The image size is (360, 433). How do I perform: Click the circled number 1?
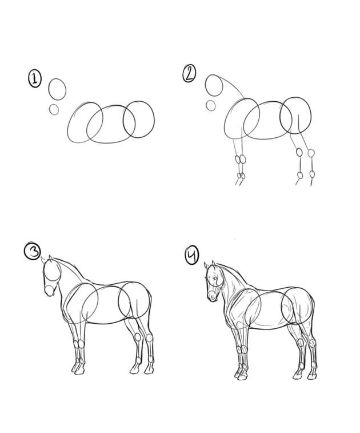point(35,79)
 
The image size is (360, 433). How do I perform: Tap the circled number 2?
point(189,73)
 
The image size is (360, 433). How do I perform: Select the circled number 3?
point(33,251)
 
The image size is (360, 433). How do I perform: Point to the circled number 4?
point(191,255)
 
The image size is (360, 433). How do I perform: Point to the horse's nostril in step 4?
point(213,298)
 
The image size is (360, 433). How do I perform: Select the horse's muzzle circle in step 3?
point(49,290)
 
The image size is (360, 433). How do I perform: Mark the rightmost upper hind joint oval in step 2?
point(311,153)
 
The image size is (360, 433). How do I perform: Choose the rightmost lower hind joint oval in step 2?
point(312,174)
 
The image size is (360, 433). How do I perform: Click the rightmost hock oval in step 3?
point(150,337)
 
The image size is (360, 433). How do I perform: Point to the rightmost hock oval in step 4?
point(312,343)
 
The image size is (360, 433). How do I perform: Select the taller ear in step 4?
point(214,264)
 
